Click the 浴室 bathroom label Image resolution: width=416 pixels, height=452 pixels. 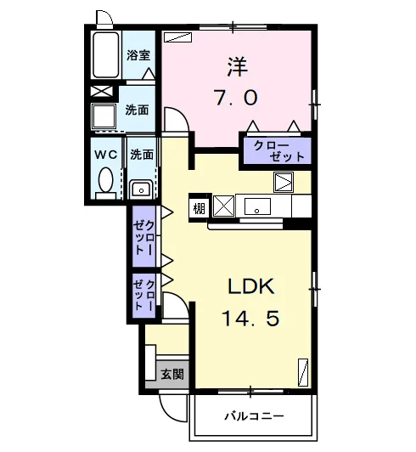coord(138,55)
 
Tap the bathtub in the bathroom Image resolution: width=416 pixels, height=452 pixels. coord(106,54)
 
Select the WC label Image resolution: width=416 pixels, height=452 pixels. coord(106,155)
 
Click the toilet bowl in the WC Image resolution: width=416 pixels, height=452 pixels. coord(106,180)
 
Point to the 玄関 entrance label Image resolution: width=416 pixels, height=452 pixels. coord(172,374)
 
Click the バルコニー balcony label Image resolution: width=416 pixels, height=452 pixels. coord(254,416)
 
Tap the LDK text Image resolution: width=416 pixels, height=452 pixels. coord(251,286)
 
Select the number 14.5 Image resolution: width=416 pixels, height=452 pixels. coord(250,319)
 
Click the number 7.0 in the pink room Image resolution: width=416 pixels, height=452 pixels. coord(236,98)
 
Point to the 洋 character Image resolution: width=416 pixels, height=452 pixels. coord(238,67)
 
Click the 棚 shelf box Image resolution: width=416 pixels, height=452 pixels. coord(199,208)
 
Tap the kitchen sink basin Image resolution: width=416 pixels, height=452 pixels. coord(257,206)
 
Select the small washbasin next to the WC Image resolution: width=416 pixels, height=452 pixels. coord(141,189)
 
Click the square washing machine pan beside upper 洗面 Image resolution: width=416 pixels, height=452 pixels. coord(104,116)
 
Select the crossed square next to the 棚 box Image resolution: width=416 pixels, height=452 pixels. coord(223,206)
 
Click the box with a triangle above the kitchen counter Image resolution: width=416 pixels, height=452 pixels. coord(284,182)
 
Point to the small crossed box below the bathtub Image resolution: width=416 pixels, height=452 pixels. coord(101,92)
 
